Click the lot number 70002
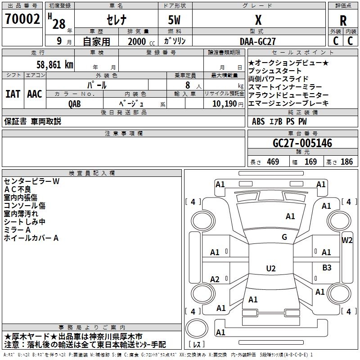[x=22, y=19]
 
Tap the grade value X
[x=258, y=20]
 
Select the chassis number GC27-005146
[x=302, y=144]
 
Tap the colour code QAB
[x=75, y=103]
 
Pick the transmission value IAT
[x=13, y=94]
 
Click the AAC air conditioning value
[x=35, y=94]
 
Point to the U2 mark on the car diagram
[x=271, y=269]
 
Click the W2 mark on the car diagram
[x=347, y=240]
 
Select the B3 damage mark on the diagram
[x=327, y=268]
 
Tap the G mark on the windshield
[x=284, y=237]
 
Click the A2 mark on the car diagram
[x=215, y=279]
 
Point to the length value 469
[x=272, y=162]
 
